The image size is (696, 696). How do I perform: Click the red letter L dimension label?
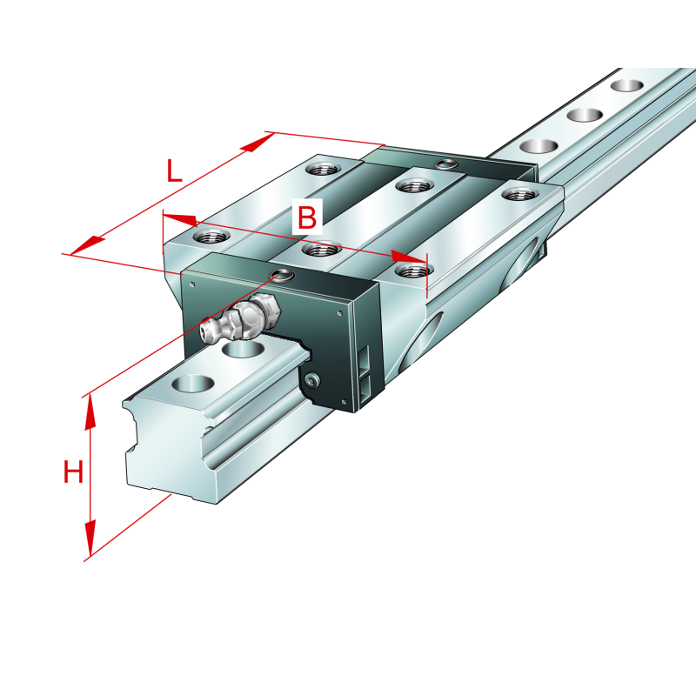click(x=175, y=171)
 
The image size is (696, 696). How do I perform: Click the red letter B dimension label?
click(x=307, y=217)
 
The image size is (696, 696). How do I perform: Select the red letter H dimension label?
click(x=73, y=472)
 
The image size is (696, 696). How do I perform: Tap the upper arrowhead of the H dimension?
click(x=90, y=412)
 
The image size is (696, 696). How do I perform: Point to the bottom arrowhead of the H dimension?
click(x=90, y=539)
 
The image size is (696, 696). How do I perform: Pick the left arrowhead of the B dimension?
click(x=180, y=219)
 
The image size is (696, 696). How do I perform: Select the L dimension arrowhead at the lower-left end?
click(x=88, y=246)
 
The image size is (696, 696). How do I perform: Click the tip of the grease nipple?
click(x=205, y=329)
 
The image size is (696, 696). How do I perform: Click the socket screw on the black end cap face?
click(x=312, y=379)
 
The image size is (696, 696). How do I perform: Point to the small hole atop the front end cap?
click(x=283, y=275)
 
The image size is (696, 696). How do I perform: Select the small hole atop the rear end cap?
click(x=445, y=164)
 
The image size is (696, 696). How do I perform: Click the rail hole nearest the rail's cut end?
click(x=193, y=384)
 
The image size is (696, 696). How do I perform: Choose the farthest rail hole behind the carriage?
click(x=626, y=85)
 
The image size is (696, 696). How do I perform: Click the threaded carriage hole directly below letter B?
click(x=321, y=250)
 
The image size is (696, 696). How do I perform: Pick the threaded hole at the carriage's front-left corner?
click(x=212, y=235)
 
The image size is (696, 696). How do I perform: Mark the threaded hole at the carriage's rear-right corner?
click(x=519, y=193)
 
